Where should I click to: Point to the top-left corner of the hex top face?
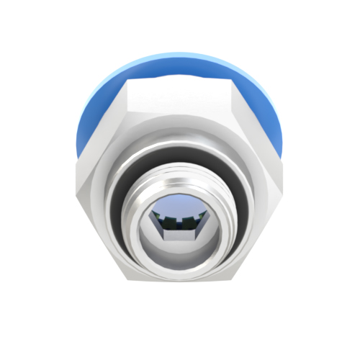129,81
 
